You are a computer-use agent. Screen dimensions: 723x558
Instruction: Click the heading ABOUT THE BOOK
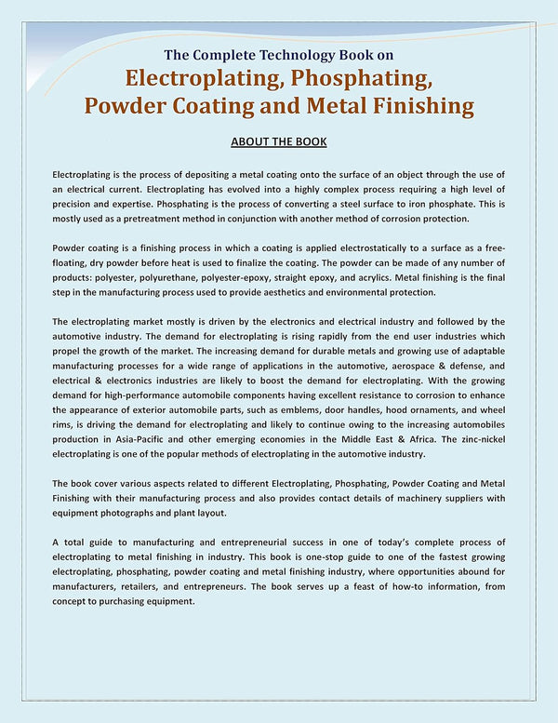pyautogui.click(x=278, y=141)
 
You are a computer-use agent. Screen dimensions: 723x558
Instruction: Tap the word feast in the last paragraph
pyautogui.click(x=377, y=586)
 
